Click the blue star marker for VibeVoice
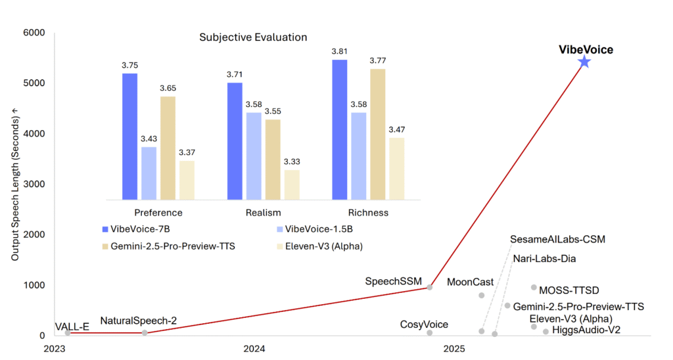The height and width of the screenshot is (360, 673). click(x=584, y=62)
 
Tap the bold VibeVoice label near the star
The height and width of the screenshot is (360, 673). click(x=586, y=49)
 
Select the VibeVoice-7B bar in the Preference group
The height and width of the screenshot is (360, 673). click(x=129, y=136)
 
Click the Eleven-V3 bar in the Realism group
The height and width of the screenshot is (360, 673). click(x=292, y=185)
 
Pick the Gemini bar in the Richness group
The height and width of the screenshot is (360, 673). click(x=377, y=134)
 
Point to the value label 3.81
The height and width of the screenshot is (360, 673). click(x=340, y=51)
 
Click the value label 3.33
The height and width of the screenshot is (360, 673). click(x=292, y=162)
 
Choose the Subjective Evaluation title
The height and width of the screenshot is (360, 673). click(x=253, y=37)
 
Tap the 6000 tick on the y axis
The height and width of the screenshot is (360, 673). click(x=34, y=33)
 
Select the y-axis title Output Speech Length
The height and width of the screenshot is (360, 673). click(x=14, y=189)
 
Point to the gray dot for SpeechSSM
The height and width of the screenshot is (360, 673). click(x=430, y=287)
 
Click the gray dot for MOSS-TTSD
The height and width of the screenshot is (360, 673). click(x=534, y=287)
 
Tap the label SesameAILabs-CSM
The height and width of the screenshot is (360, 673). click(x=557, y=239)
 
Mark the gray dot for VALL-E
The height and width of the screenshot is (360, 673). click(x=67, y=333)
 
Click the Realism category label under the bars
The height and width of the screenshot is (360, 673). click(x=263, y=212)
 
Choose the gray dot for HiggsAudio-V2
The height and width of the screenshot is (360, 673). click(x=545, y=332)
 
